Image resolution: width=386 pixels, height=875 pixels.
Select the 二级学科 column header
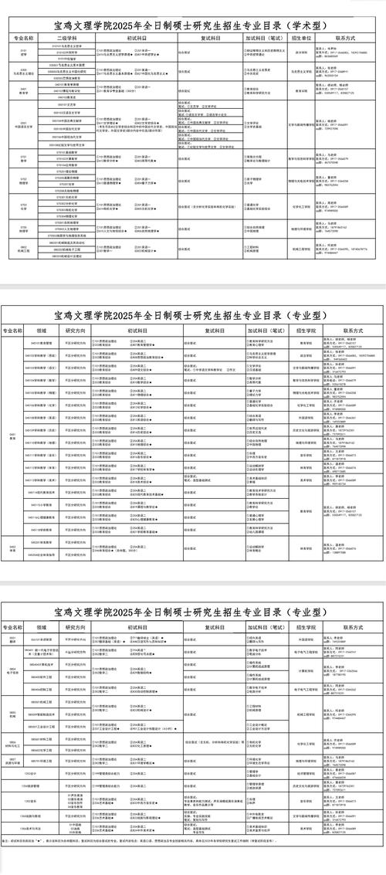tap(69, 37)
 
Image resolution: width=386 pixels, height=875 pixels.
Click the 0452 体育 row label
tap(13, 548)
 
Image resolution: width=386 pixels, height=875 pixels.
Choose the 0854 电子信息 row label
tap(13, 670)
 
